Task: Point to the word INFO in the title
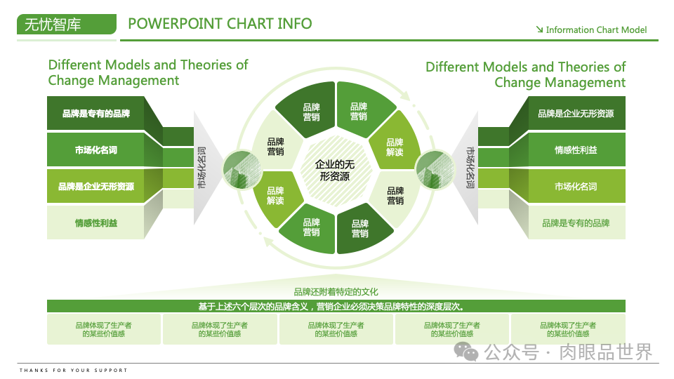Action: pyautogui.click(x=295, y=24)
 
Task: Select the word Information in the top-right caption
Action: pyautogui.click(x=569, y=30)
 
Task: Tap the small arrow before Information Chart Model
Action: pyautogui.click(x=539, y=29)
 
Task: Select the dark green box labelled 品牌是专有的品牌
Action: pyautogui.click(x=96, y=114)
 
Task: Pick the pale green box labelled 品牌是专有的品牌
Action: pyautogui.click(x=576, y=223)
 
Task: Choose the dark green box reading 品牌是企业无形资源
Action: pyautogui.click(x=576, y=114)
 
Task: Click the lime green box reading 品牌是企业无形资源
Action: pyautogui.click(x=96, y=187)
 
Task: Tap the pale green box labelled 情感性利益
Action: pyautogui.click(x=96, y=223)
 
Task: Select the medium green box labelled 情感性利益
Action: pyautogui.click(x=576, y=150)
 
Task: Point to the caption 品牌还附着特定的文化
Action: pyautogui.click(x=336, y=292)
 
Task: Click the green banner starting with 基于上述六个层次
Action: pyautogui.click(x=336, y=306)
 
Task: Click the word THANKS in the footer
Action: pyautogui.click(x=33, y=370)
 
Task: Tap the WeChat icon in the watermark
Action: pyautogui.click(x=466, y=350)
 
